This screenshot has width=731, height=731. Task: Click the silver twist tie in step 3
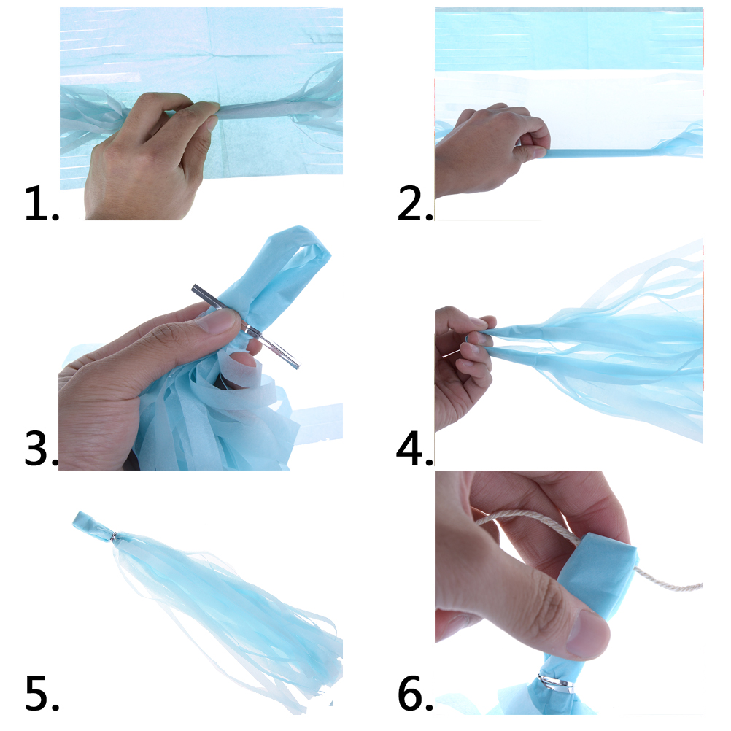(x=246, y=326)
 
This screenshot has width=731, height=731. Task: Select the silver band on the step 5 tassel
(x=113, y=537)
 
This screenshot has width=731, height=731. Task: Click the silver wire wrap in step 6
(x=554, y=683)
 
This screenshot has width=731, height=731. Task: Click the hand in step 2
(x=490, y=149)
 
